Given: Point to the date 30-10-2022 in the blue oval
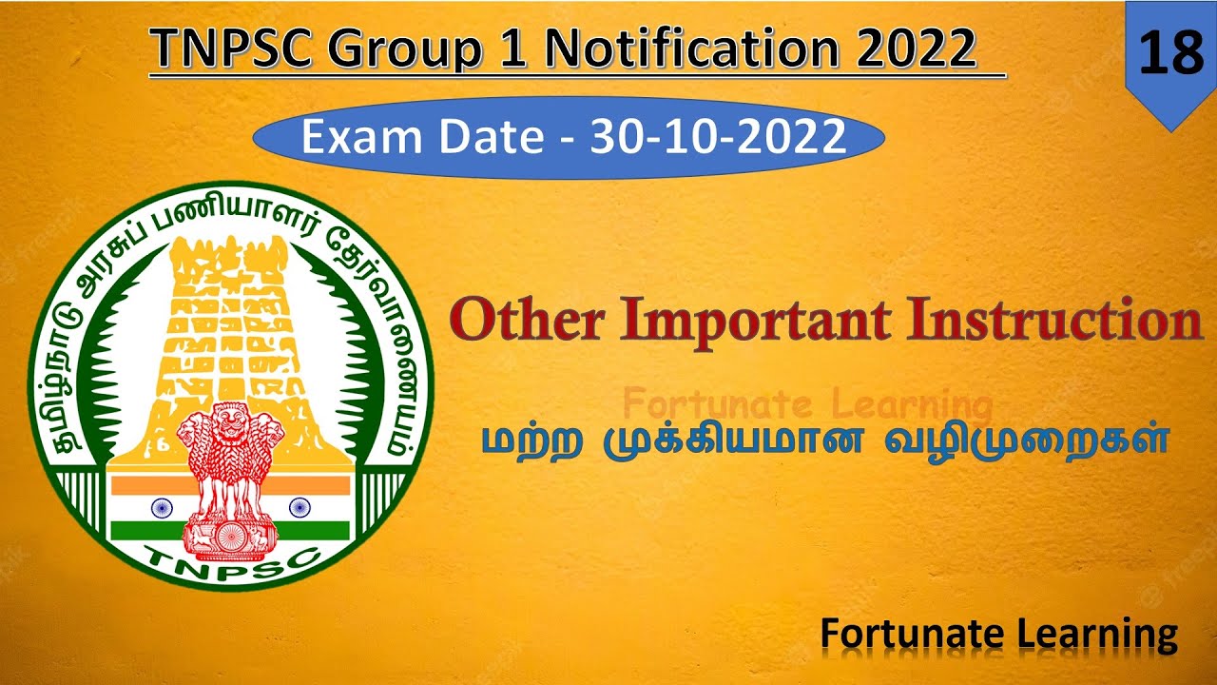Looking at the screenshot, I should click(718, 138).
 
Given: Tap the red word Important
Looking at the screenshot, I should click(749, 321).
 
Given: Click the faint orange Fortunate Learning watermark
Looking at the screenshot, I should click(807, 404).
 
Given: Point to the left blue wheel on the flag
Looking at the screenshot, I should click(159, 506).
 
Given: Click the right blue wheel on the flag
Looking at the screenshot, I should click(297, 506).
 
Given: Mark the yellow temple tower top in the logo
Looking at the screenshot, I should click(227, 262).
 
